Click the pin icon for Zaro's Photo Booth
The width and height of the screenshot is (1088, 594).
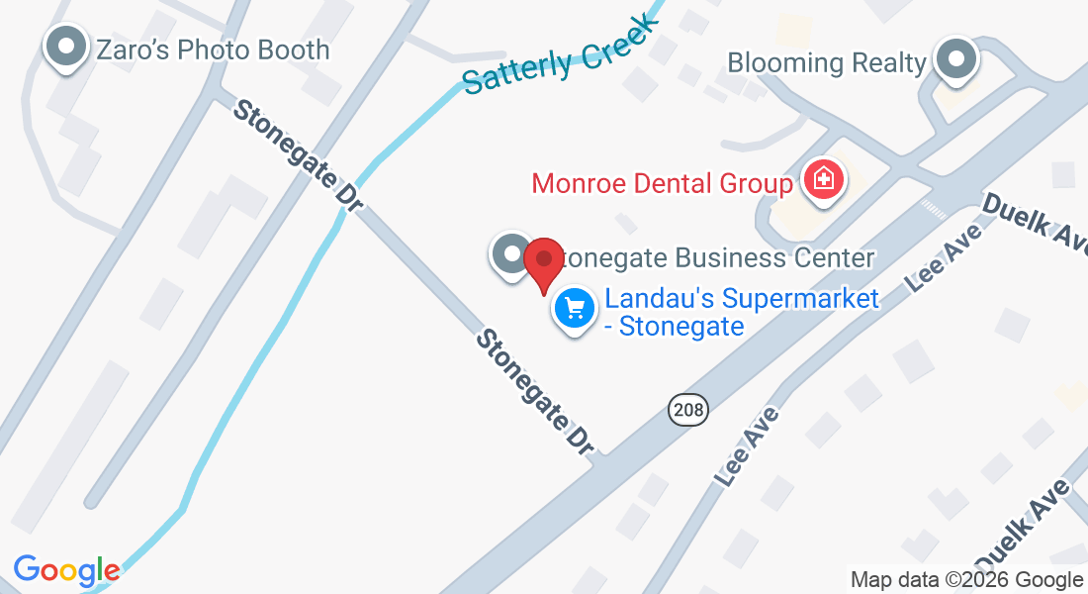[x=66, y=48]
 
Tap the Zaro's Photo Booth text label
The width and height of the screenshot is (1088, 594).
[x=213, y=49]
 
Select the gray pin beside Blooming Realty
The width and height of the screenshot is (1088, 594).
[x=955, y=59]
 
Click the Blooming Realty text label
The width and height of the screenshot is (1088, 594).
[x=827, y=63]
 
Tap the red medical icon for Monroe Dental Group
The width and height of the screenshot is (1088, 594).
[x=821, y=181]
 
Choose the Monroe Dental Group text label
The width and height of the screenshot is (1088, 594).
[x=662, y=184]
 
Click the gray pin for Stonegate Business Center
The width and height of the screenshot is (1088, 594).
[x=511, y=254]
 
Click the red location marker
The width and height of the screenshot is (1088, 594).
[x=543, y=261]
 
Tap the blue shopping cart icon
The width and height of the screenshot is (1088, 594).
[x=575, y=309]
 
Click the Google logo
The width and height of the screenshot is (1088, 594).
[x=66, y=570]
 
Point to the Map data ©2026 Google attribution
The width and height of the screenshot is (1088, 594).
[x=966, y=580]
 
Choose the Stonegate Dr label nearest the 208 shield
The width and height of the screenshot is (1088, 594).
[x=535, y=392]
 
